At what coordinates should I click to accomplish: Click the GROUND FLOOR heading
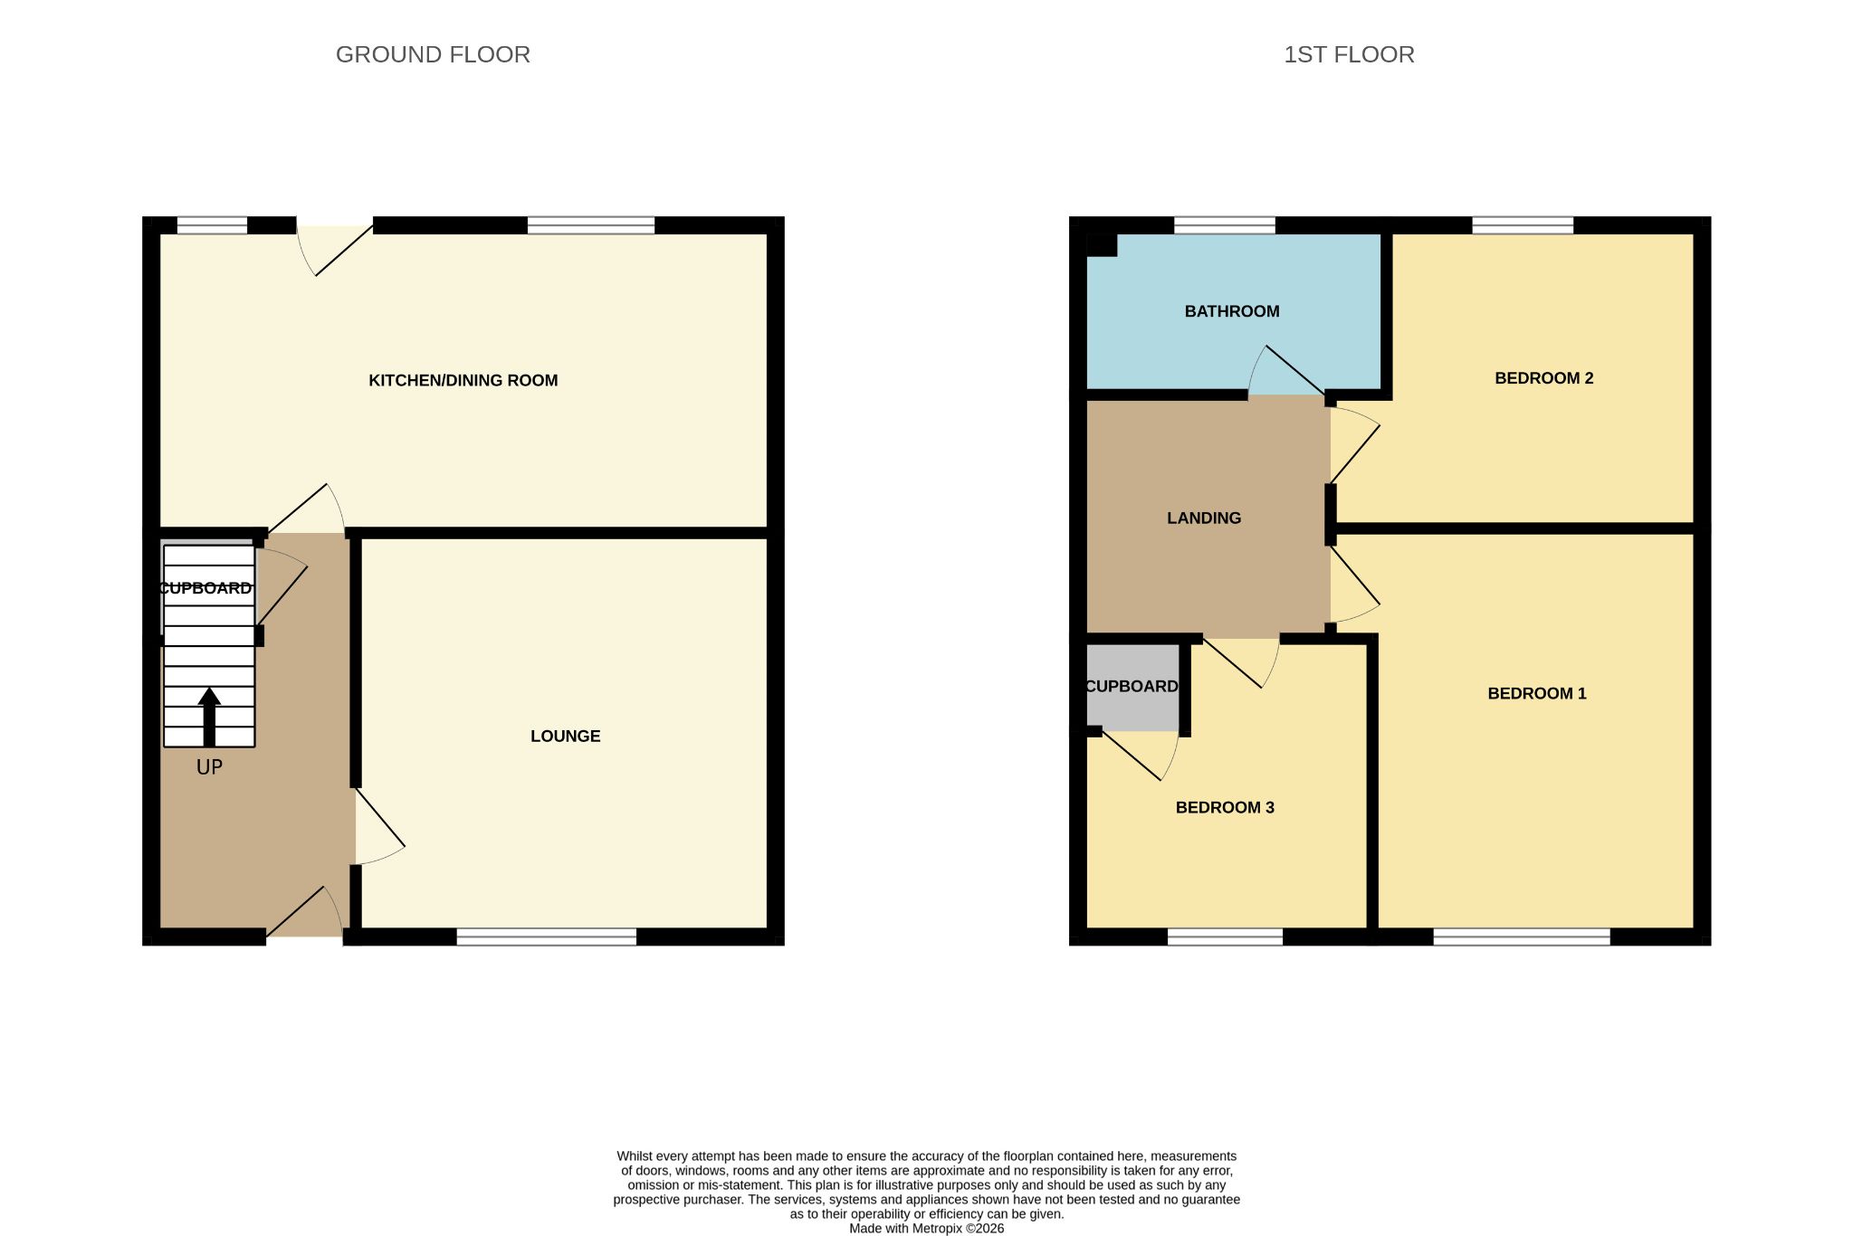point(433,54)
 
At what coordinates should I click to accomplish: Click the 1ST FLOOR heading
point(1349,54)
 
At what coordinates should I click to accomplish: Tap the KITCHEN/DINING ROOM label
point(463,380)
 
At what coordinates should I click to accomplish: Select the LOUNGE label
point(566,736)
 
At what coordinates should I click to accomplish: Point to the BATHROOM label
point(1232,311)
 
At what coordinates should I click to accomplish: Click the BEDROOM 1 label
point(1537,694)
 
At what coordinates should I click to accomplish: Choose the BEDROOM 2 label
point(1544,378)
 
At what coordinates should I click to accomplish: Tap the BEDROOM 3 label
point(1225,807)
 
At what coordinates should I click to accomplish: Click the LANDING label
point(1204,518)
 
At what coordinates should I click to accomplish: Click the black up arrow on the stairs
point(209,718)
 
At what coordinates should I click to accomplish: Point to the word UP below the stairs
point(209,767)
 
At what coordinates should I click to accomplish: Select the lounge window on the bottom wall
point(547,937)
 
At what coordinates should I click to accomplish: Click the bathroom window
point(1225,225)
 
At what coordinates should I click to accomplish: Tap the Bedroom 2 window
point(1523,225)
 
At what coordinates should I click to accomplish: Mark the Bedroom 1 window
point(1522,937)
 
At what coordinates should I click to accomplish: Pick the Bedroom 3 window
point(1225,937)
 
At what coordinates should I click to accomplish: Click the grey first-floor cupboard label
point(1132,687)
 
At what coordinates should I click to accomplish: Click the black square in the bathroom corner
point(1102,244)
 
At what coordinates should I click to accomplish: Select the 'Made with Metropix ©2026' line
point(926,1229)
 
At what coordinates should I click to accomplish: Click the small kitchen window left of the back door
point(212,225)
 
